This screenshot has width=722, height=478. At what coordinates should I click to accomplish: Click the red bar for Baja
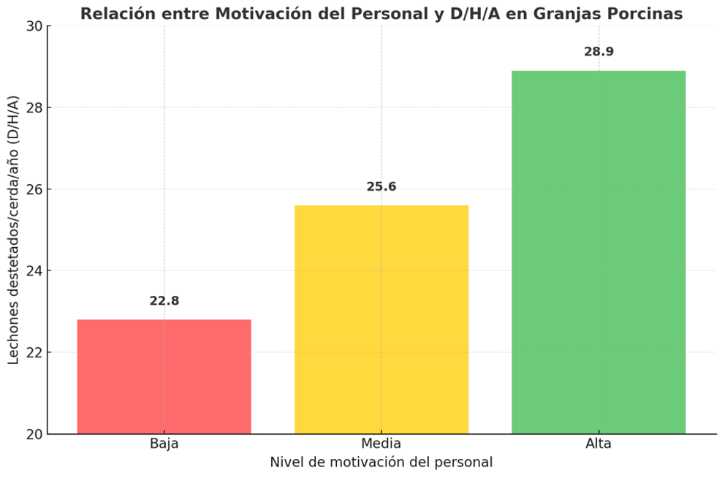click(164, 376)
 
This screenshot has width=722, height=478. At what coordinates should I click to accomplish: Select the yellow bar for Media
click(381, 319)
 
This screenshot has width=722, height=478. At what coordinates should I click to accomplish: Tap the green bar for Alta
click(598, 252)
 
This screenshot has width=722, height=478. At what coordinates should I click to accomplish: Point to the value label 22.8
click(164, 301)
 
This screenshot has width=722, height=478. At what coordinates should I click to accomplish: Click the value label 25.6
click(381, 187)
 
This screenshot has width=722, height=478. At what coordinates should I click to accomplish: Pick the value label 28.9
click(598, 53)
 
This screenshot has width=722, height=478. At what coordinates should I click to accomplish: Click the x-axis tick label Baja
click(164, 444)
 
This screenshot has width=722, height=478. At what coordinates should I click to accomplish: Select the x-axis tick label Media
click(381, 444)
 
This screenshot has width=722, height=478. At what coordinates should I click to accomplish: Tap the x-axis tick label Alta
click(598, 444)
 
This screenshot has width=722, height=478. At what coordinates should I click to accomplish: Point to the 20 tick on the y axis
click(34, 434)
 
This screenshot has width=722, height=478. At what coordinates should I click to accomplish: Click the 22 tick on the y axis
click(34, 352)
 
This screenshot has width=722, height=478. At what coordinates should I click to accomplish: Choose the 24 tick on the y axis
click(34, 271)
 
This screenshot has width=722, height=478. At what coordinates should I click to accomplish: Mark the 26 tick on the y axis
click(34, 189)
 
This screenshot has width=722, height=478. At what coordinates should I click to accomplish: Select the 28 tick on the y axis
click(34, 107)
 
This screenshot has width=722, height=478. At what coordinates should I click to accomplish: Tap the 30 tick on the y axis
click(34, 26)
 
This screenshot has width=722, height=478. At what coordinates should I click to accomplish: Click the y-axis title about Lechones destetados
click(14, 230)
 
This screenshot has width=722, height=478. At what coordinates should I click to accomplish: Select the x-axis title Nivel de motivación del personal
click(381, 463)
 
